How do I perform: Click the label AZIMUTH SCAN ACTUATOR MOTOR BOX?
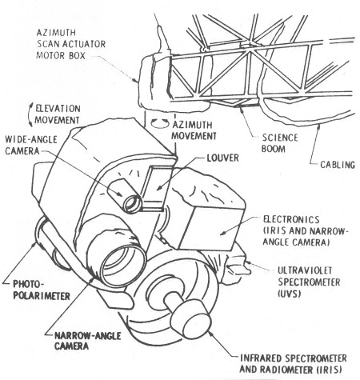point(71,44)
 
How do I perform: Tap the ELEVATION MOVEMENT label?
point(58,114)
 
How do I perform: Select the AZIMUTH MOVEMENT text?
point(194,130)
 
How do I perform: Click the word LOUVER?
point(223,158)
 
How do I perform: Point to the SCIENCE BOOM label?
point(279,143)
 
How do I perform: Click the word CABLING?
point(338,165)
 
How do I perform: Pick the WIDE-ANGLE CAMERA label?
point(31,146)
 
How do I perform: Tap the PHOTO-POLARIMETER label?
point(42,290)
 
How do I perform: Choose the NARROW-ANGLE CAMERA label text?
point(87,341)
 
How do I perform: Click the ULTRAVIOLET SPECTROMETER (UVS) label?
point(309,282)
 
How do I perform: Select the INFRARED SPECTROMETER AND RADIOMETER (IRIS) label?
point(294,364)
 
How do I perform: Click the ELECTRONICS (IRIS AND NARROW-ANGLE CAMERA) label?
point(306,230)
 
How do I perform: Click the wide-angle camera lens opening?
point(133,204)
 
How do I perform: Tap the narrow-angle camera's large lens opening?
point(123,266)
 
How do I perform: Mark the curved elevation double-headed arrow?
point(30,114)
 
